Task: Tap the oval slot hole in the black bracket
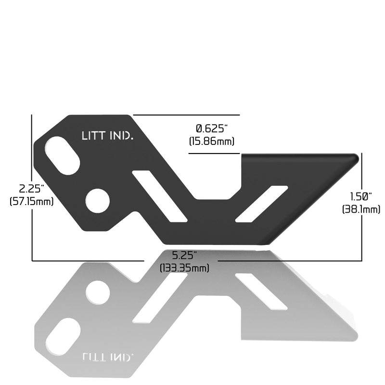(x=63, y=155)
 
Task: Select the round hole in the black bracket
(x=98, y=201)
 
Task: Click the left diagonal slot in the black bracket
(x=159, y=196)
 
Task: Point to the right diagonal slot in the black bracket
(x=261, y=204)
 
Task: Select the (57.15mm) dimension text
(x=32, y=201)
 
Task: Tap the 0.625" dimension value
(x=212, y=128)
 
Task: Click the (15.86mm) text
(x=212, y=141)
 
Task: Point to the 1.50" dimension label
(x=361, y=196)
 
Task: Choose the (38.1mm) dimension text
(x=361, y=209)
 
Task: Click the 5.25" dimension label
(x=184, y=254)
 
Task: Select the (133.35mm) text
(x=184, y=268)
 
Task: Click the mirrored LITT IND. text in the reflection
(x=107, y=357)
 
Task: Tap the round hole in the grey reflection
(x=98, y=292)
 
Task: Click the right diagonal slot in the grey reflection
(x=261, y=291)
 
